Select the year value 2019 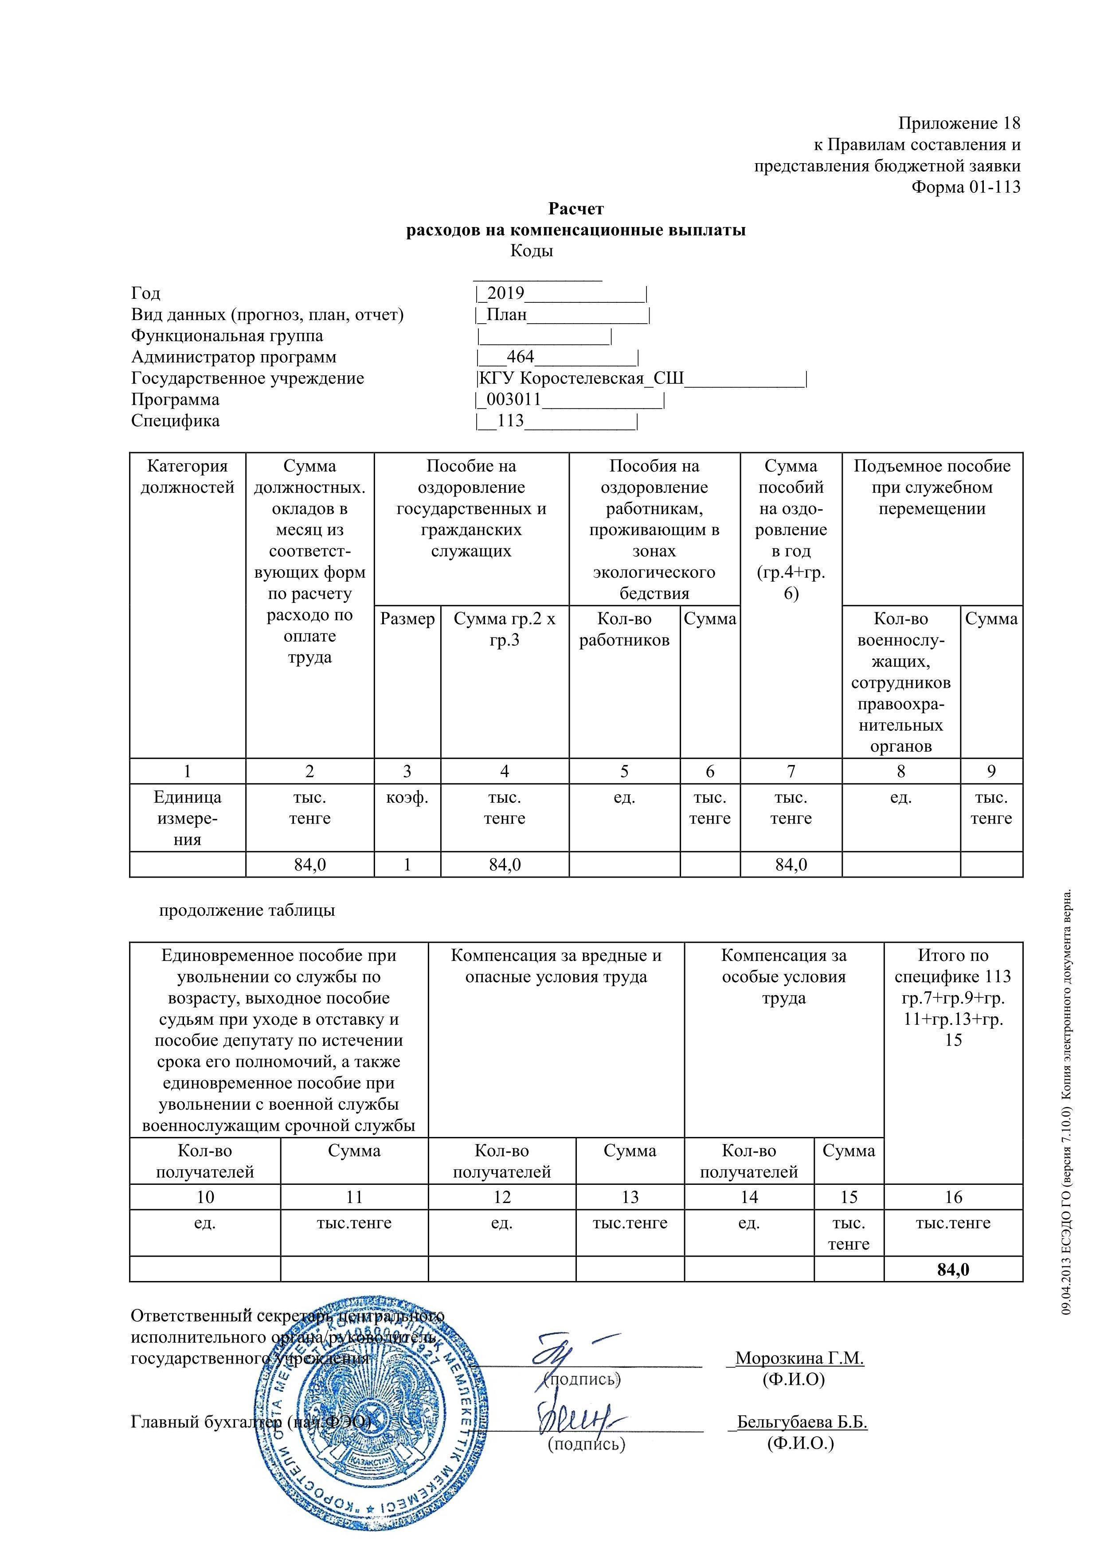[x=505, y=293]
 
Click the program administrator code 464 [x=520, y=357]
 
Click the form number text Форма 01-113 [x=966, y=187]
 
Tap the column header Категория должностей [x=188, y=477]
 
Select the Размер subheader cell [x=407, y=619]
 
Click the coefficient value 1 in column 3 [x=407, y=865]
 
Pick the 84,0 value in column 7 [x=791, y=865]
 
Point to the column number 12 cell [x=502, y=1197]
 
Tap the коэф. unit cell [x=407, y=798]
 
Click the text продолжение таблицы [x=247, y=910]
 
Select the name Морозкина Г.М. [x=799, y=1371]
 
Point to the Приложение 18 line [x=959, y=123]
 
